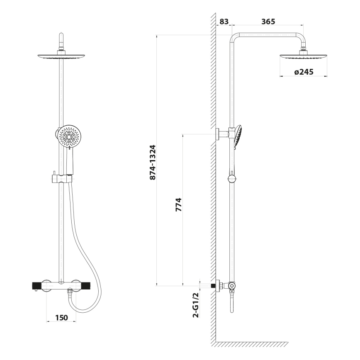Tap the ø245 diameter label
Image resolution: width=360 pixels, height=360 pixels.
304,72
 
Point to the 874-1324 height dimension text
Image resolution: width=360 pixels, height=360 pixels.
152,162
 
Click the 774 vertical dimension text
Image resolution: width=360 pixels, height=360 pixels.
178,205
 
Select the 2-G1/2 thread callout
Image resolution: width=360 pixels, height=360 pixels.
195,305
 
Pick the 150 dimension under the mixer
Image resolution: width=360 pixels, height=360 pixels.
61,318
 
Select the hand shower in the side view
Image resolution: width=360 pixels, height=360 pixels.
238,136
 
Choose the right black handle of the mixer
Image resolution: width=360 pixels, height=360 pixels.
85,285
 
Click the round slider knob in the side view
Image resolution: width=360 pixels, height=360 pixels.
232,179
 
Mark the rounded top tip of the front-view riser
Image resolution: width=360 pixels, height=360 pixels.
61,37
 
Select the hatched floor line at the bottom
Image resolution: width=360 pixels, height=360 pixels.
251,344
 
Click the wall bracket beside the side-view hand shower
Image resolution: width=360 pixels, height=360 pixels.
221,134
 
